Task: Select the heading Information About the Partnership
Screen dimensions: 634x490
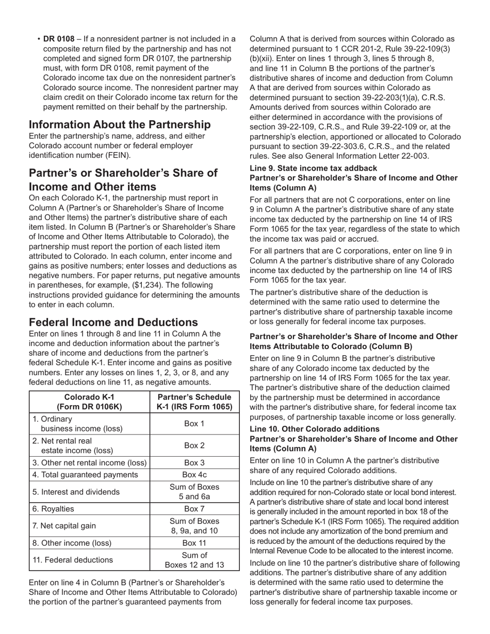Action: coord(120,125)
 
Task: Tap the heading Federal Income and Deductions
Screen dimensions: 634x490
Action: coord(113,323)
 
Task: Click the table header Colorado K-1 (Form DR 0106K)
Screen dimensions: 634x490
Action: coord(89,402)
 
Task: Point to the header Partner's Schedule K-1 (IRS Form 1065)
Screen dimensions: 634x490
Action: coord(194,402)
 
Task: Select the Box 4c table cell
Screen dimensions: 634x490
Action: coord(194,475)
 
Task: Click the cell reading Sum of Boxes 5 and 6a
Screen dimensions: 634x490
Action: coord(194,492)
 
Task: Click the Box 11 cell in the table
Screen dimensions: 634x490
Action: coord(194,543)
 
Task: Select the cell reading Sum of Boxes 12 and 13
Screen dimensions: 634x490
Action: coord(194,560)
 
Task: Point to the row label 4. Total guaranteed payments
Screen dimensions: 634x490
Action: coord(85,475)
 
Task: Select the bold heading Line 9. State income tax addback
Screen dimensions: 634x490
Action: coord(313,168)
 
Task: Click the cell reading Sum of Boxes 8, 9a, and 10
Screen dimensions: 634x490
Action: coord(194,526)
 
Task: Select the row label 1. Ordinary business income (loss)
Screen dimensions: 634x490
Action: coord(77,423)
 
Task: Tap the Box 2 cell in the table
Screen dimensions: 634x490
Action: coord(194,445)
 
